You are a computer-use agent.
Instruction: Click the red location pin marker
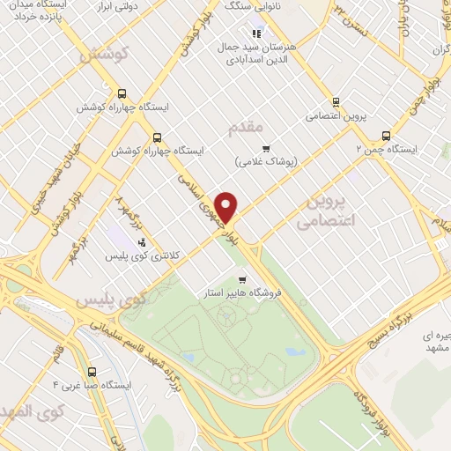click(x=227, y=206)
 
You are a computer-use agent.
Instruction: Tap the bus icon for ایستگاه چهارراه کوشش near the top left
click(x=122, y=92)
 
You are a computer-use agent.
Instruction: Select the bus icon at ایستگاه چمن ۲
click(x=386, y=136)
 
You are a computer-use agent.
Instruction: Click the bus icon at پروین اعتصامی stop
click(x=336, y=102)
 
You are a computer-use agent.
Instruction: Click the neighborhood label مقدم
click(x=246, y=129)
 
